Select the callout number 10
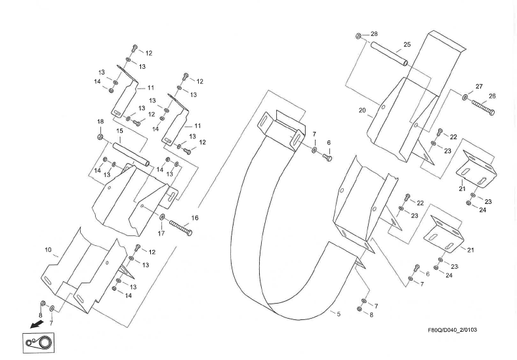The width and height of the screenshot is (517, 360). tap(48, 250)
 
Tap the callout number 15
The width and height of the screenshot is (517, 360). tap(119, 131)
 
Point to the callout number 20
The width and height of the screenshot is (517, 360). tap(362, 111)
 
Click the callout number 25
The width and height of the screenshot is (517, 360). tap(406, 45)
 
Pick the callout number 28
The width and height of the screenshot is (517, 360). tap(374, 33)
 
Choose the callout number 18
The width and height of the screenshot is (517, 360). tap(100, 122)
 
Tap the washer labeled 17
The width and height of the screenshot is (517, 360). tap(162, 216)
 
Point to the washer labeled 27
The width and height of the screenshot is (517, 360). tap(465, 98)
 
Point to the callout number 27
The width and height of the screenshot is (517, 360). tap(479, 87)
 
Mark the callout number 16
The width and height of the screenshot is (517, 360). tap(194, 218)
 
